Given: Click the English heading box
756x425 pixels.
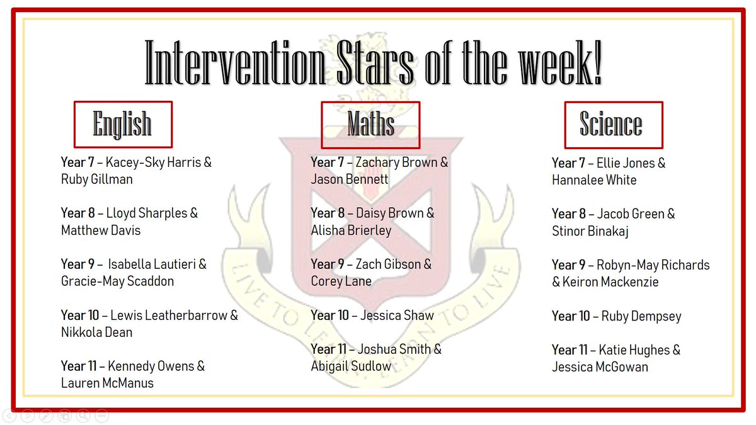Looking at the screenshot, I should (123, 124).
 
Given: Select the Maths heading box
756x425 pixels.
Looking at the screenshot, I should (370, 124).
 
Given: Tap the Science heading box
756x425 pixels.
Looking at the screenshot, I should (613, 124).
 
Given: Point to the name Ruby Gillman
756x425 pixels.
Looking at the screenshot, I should (96, 179).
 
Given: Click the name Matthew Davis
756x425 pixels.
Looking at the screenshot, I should (101, 230).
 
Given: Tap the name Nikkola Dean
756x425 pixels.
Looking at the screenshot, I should (96, 332).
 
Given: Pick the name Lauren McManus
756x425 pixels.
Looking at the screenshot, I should (107, 383).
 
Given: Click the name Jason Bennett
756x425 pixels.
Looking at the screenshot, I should (350, 179).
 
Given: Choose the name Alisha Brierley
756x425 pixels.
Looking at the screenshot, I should (351, 230).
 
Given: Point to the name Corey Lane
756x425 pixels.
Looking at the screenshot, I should (341, 281).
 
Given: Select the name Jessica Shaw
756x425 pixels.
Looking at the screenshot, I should (397, 315).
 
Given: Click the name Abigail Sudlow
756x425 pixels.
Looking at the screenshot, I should (351, 366).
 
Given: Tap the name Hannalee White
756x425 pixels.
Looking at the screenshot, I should (594, 180).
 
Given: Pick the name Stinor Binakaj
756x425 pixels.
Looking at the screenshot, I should (590, 231).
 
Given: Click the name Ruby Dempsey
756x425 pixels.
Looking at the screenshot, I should (641, 316).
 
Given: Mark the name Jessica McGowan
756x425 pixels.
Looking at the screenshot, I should (600, 367).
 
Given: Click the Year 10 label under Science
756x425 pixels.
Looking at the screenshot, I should (571, 316).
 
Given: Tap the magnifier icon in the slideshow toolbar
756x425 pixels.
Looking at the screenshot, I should (83, 416).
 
